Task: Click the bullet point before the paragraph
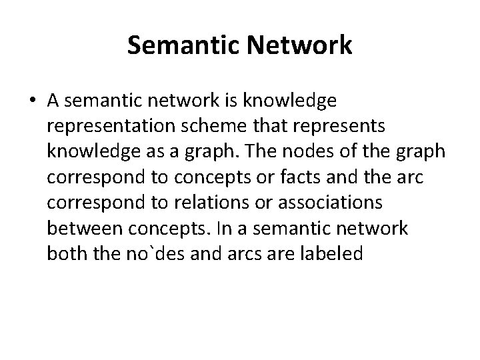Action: tap(33, 101)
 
